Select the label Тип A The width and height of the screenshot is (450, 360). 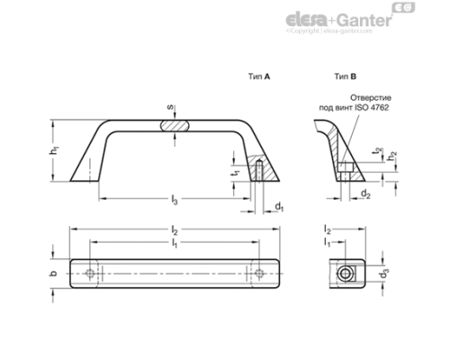259,78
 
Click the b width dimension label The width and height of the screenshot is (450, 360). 53,274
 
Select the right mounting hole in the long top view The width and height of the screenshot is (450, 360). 259,274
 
